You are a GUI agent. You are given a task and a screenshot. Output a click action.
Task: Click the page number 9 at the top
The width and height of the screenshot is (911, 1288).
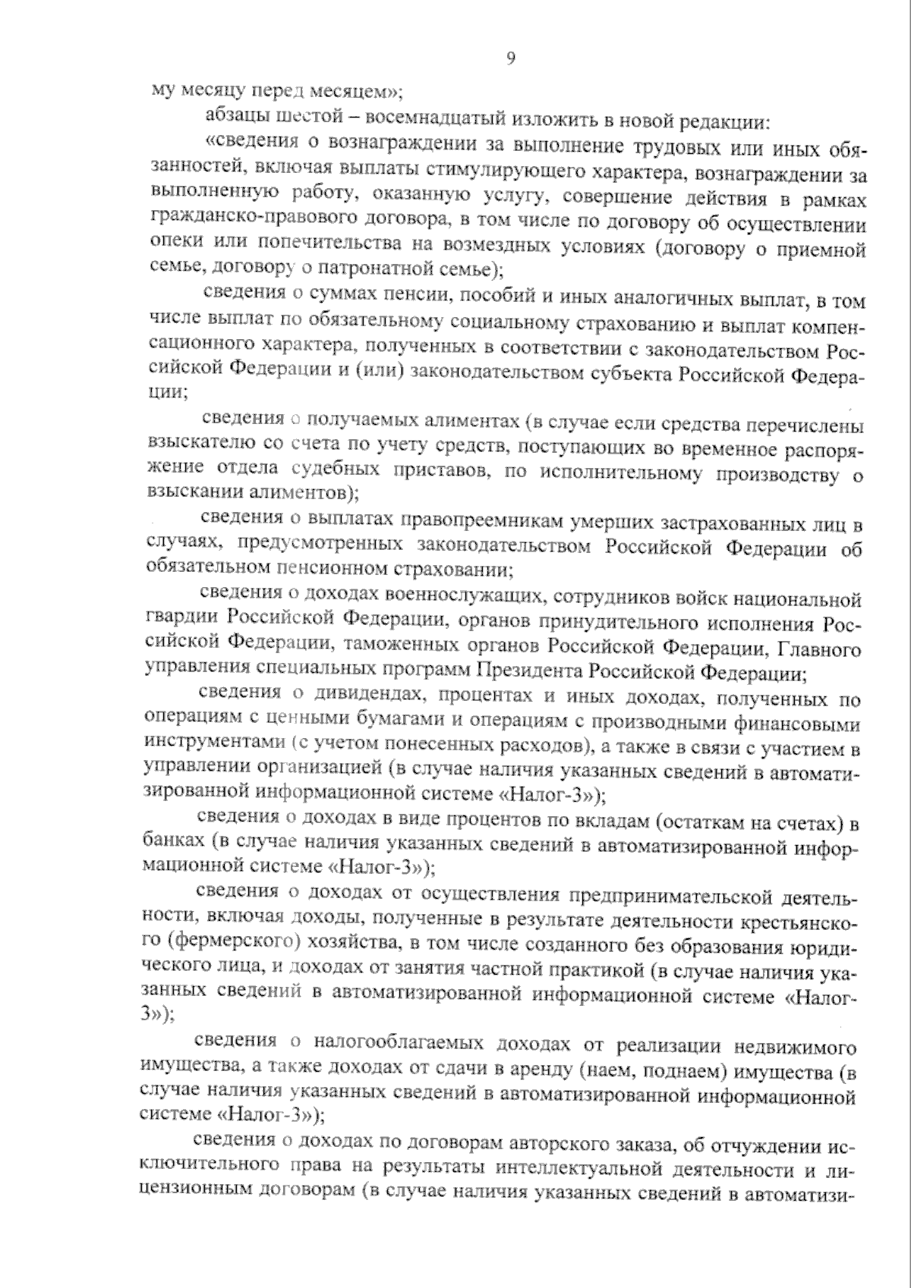(510, 59)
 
